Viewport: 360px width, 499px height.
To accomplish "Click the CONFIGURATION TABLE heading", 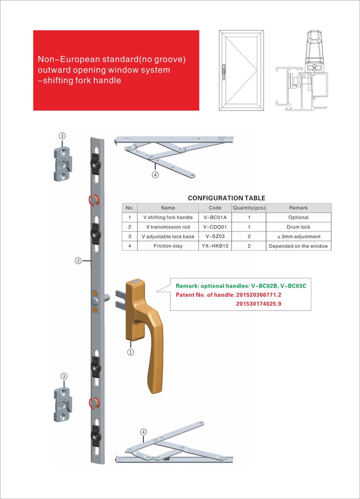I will pyautogui.click(x=226, y=198).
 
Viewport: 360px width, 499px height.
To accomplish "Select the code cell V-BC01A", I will pyautogui.click(x=215, y=217).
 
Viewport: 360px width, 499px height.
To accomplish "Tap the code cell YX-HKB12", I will pyautogui.click(x=215, y=246).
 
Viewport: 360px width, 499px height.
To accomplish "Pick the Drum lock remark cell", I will pyautogui.click(x=298, y=227).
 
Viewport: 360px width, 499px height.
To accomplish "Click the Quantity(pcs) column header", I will pyautogui.click(x=249, y=208).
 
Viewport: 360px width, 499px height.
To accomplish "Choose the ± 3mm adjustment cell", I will pyautogui.click(x=298, y=237).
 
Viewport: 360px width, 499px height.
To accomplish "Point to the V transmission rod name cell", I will pyautogui.click(x=168, y=227).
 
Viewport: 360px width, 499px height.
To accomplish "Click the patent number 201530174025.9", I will pyautogui.click(x=259, y=304).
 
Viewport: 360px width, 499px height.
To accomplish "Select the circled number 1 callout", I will pyautogui.click(x=131, y=352).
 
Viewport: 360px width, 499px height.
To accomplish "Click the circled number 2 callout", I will pyautogui.click(x=78, y=261).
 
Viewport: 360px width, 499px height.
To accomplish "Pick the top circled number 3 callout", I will pyautogui.click(x=62, y=136).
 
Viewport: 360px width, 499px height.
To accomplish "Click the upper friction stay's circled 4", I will pyautogui.click(x=155, y=175).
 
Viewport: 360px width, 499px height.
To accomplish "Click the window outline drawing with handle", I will pyautogui.click(x=241, y=70).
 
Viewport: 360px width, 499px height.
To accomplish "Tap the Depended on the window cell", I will pyautogui.click(x=298, y=246).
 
